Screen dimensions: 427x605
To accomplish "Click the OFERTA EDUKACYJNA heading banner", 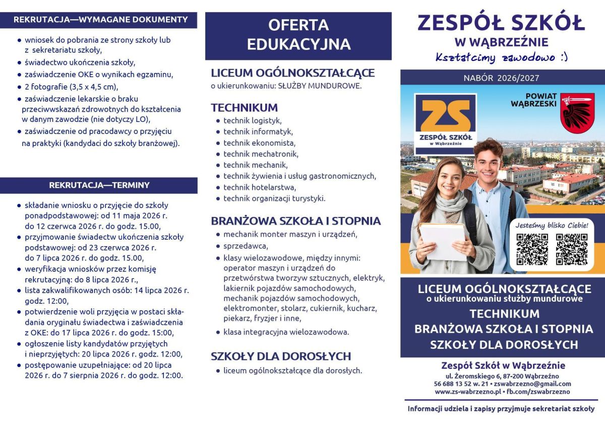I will point(298,35).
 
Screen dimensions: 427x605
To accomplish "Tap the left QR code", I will point(532,249).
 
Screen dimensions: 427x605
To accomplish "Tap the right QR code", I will point(571,249).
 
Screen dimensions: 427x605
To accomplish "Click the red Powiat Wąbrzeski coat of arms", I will point(577,113).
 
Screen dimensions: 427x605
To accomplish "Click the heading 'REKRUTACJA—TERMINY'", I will point(99,185).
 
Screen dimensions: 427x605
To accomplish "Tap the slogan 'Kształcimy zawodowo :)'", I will point(502,57).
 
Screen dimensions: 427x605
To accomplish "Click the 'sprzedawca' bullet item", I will point(246,246).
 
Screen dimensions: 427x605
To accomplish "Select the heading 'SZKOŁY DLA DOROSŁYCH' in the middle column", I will point(280,357).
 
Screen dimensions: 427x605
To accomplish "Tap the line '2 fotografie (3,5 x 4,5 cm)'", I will point(71,87).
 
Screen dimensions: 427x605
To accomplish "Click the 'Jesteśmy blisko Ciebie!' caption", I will point(552,225).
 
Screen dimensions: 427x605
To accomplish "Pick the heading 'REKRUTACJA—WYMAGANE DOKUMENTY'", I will point(100,20).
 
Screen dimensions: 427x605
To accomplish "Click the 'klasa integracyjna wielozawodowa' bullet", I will point(286,332).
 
